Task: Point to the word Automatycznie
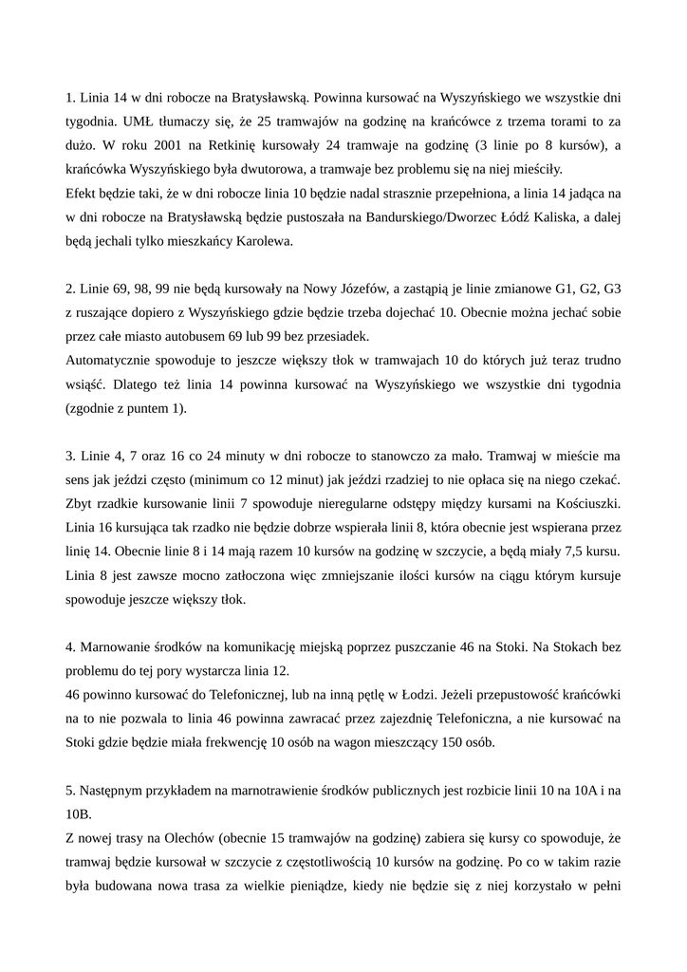click(108, 360)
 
